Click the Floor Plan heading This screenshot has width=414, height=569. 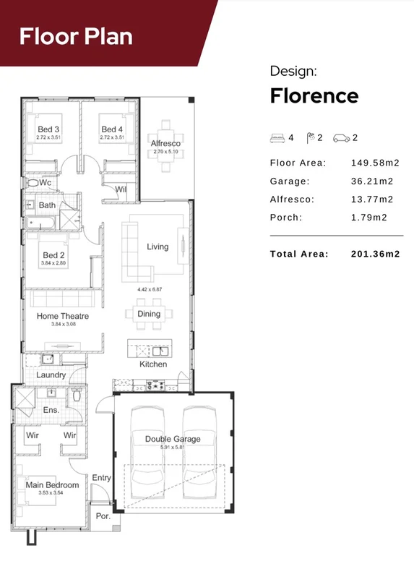pos(76,36)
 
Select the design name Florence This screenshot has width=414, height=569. pos(314,95)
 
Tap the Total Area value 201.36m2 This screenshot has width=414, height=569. pos(375,254)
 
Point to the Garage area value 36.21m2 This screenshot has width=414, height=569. pos(372,181)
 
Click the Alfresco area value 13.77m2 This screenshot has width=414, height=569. pos(372,199)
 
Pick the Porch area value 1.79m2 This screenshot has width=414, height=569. pos(369,217)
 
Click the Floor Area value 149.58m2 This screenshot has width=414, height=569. pos(375,163)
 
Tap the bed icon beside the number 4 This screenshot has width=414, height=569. pos(277,137)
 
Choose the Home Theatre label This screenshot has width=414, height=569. pos(63,316)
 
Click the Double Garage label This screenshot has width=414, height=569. pos(173,439)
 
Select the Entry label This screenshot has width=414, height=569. pos(102,478)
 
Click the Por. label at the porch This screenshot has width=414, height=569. pos(103,517)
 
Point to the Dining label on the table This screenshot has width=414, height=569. pos(149,314)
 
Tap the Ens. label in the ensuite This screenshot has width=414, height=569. pos(51,410)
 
